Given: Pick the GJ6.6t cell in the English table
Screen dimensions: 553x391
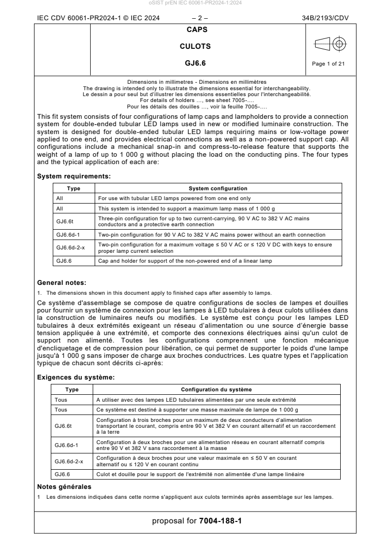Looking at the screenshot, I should click(x=65, y=221).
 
